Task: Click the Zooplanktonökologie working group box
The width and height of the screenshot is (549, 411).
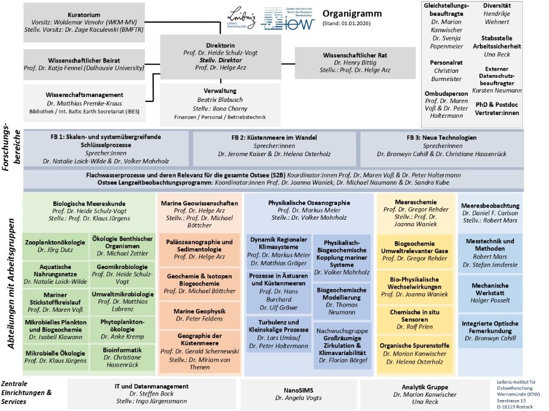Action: coord(55,246)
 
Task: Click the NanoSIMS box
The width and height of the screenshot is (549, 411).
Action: coord(298,392)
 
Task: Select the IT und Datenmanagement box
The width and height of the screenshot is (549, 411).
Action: coord(152,392)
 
